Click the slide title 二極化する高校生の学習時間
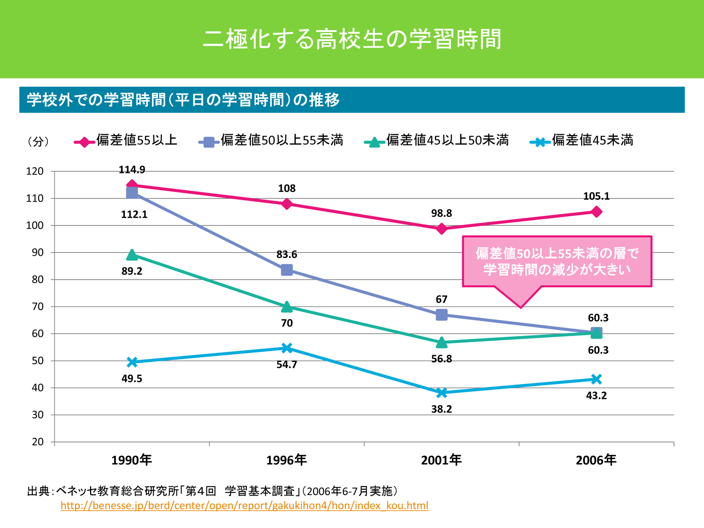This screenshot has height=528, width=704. (352, 39)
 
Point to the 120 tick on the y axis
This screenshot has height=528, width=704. (35, 171)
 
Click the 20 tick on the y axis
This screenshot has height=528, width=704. (38, 442)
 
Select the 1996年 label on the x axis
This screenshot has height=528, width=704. (286, 460)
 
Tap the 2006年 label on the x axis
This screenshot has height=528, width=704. (596, 460)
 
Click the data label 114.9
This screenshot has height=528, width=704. (132, 170)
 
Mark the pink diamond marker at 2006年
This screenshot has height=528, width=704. (596, 212)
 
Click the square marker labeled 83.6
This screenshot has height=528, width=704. (287, 270)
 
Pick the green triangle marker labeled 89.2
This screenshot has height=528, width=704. (132, 255)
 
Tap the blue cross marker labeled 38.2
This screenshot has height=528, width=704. (442, 392)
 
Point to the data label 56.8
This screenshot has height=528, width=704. (442, 359)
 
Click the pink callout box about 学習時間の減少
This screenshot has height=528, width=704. (557, 261)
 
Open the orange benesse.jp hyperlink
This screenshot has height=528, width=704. (244, 505)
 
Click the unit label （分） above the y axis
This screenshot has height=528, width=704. (38, 141)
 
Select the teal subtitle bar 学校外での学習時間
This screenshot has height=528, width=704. (352, 99)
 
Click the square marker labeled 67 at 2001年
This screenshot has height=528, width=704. (442, 315)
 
